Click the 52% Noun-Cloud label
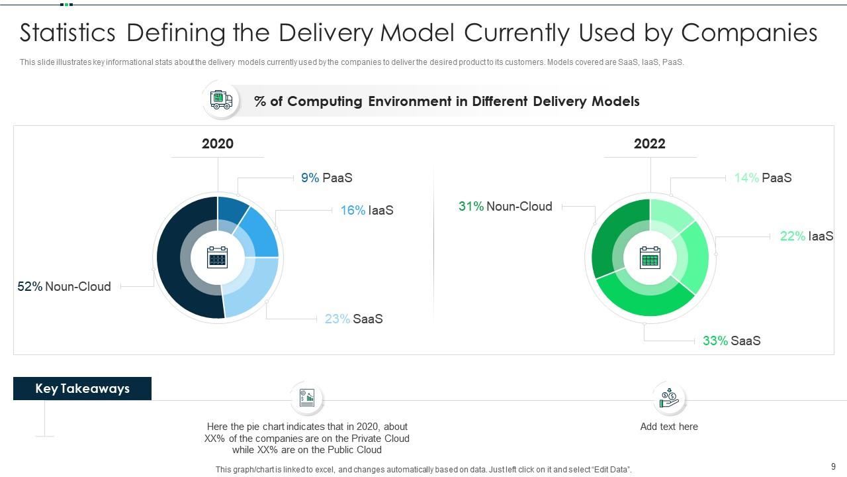[64, 286]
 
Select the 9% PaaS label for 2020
[326, 178]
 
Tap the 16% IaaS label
[367, 210]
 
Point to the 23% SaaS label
[353, 319]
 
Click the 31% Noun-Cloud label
[505, 206]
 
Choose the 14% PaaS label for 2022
[762, 178]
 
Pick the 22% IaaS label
[806, 236]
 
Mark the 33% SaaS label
[731, 341]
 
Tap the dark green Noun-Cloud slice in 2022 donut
[605, 238]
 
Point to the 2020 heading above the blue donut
[218, 144]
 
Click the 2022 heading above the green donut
[650, 144]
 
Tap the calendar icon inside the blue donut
[218, 258]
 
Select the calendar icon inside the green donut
[650, 258]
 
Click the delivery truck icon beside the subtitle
[221, 101]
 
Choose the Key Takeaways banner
[82, 389]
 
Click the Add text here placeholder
[669, 427]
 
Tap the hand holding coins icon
[669, 398]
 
